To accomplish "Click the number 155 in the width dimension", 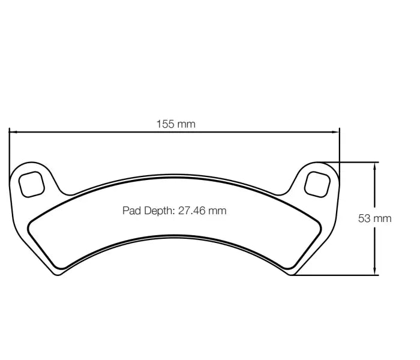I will [x=166, y=124].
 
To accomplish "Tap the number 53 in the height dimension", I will [x=364, y=218].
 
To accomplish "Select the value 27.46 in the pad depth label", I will [x=192, y=211].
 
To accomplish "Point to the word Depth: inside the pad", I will [x=158, y=211].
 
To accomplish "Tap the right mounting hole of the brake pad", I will [x=317, y=182].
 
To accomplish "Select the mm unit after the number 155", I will [x=187, y=124].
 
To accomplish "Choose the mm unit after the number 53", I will [x=383, y=218].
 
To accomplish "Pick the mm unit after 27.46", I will [x=217, y=211].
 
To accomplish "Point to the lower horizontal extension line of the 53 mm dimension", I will [x=342, y=275].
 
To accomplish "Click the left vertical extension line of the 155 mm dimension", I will [x=9, y=150].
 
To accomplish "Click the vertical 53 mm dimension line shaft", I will [x=376, y=192].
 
